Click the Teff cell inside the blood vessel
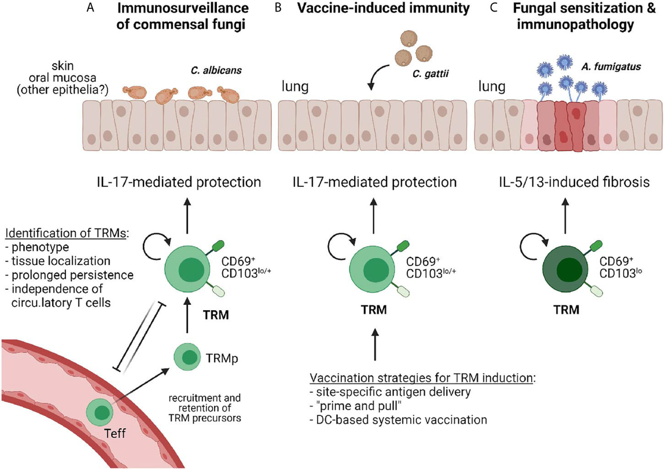102,413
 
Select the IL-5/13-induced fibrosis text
572,182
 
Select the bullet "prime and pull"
349,406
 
